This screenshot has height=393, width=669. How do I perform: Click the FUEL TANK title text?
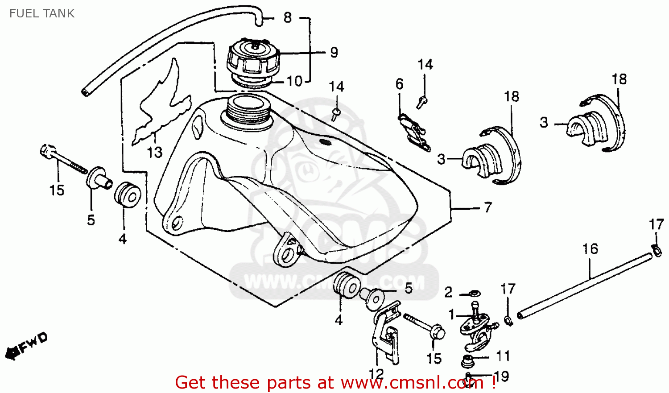tap(42, 13)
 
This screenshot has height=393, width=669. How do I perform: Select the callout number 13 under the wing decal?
tap(155, 153)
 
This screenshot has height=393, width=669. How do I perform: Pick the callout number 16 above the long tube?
tap(590, 249)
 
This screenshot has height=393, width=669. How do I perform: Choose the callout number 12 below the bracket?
tap(376, 374)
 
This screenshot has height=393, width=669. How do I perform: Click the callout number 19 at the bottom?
tap(501, 376)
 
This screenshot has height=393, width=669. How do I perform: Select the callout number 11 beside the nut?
tap(503, 356)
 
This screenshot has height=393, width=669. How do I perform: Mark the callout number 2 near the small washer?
tap(448, 292)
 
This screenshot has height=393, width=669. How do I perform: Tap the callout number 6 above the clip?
tap(399, 84)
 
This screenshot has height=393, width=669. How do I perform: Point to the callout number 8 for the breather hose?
tap(288, 18)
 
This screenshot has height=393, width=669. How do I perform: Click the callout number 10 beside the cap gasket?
tap(294, 81)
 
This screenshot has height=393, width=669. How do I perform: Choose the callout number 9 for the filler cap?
tap(334, 53)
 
